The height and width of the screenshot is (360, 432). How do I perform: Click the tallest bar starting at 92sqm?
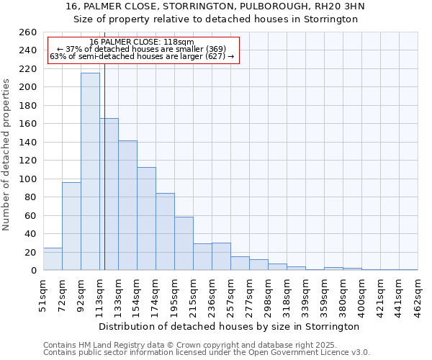[x=90, y=171]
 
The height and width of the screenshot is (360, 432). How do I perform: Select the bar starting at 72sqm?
[x=71, y=226]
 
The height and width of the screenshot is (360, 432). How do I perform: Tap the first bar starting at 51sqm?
[x=53, y=259]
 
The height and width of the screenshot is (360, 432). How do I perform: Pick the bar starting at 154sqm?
[x=146, y=219]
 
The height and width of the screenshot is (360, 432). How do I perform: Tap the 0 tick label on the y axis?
[x=33, y=271]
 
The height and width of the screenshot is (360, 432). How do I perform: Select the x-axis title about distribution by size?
[x=230, y=326]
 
